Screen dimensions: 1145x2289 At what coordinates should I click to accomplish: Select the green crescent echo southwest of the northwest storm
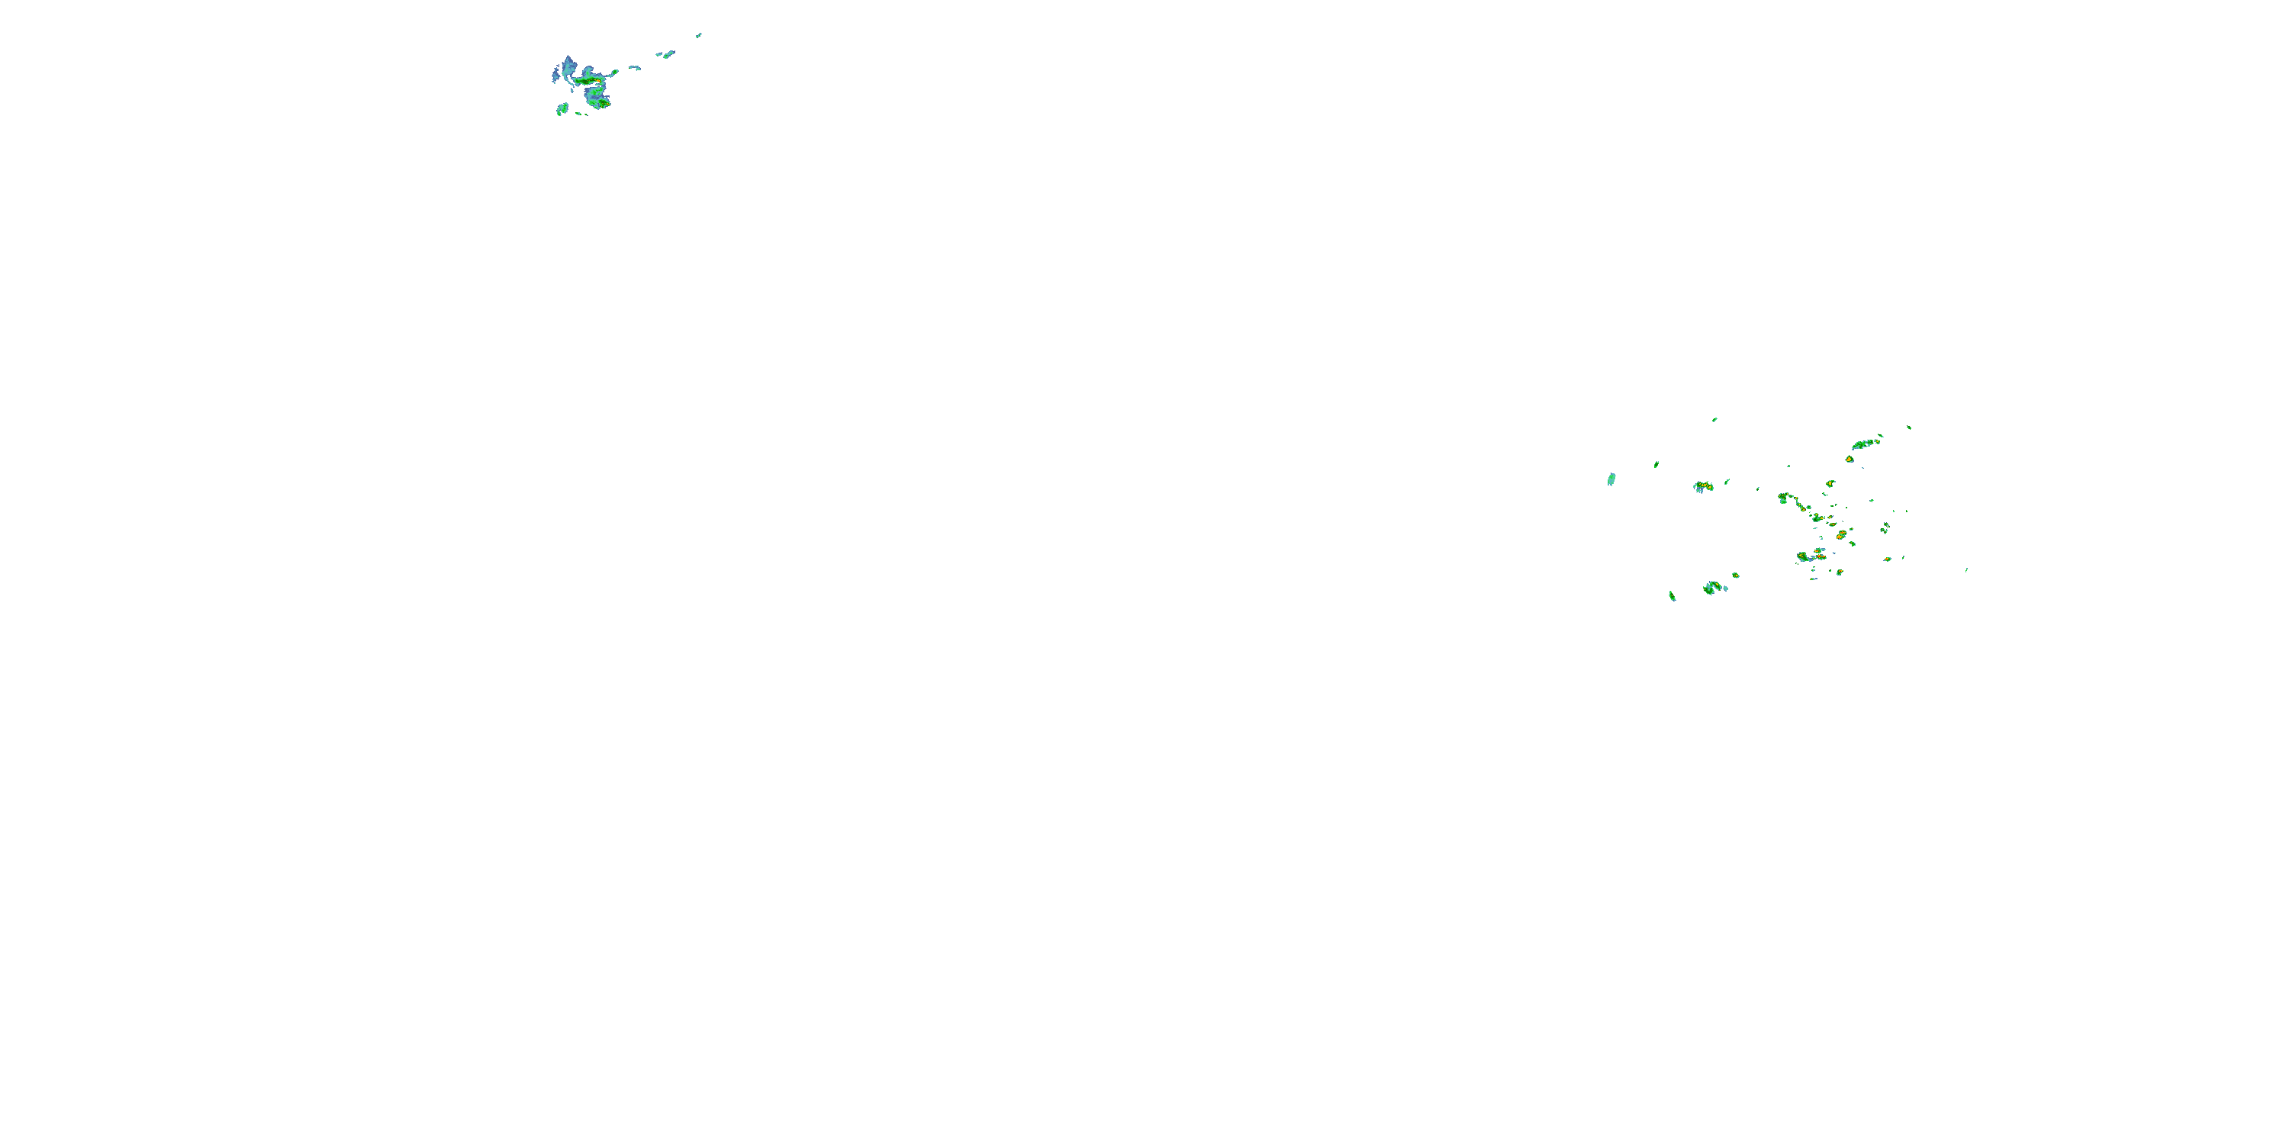562,109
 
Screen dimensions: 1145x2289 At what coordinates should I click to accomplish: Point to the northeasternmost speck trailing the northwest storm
698,36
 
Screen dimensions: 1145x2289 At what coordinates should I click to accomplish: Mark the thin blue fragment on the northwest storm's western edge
554,76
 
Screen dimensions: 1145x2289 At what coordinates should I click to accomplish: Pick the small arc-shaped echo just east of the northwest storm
635,68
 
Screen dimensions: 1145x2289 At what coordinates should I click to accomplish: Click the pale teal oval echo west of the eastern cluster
1611,479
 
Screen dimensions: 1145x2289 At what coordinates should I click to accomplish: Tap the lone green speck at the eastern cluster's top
1714,420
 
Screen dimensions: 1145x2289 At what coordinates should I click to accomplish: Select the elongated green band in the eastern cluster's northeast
1864,443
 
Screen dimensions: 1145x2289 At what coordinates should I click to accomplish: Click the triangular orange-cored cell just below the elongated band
1850,460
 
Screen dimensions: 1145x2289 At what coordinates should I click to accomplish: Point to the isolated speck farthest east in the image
1966,570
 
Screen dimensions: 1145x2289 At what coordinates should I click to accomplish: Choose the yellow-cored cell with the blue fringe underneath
1701,486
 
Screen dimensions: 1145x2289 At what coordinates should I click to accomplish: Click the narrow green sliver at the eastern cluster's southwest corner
1672,595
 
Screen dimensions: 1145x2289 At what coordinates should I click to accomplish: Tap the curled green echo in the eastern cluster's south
1711,587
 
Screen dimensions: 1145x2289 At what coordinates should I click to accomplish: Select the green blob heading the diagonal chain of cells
1782,498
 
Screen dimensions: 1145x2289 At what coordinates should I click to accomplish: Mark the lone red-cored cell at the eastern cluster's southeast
1886,560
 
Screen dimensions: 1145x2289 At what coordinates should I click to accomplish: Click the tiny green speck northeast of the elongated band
1909,427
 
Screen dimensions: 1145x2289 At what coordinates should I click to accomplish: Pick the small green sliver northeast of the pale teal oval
1656,464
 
